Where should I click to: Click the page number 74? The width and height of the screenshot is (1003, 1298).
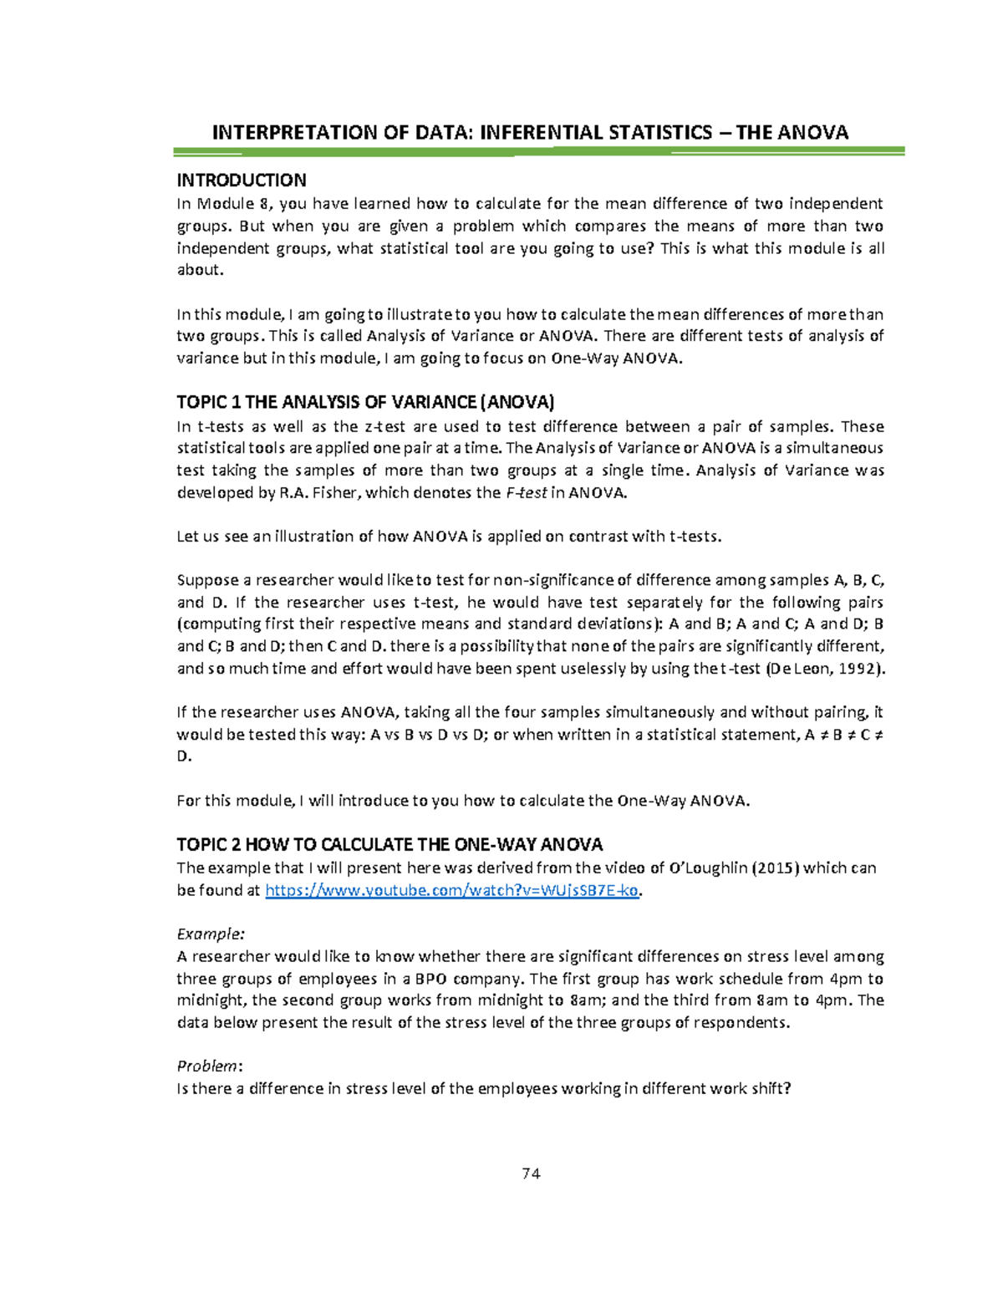click(x=531, y=1173)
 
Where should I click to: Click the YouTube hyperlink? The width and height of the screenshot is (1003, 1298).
click(x=452, y=890)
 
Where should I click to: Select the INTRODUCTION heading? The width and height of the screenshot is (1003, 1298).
click(x=242, y=181)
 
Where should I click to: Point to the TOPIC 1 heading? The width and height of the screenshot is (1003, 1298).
click(x=365, y=402)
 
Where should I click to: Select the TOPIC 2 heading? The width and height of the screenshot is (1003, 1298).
click(x=389, y=844)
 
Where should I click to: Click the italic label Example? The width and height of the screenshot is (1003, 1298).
click(x=211, y=934)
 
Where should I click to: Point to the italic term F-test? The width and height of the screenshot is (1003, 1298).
click(x=527, y=493)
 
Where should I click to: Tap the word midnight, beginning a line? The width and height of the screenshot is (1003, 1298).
click(x=211, y=1000)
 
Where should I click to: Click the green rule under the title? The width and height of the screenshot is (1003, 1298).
click(x=539, y=151)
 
